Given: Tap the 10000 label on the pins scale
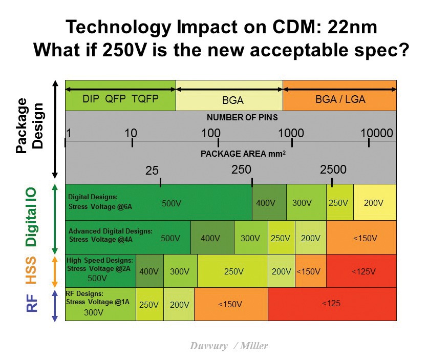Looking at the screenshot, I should pyautogui.click(x=377, y=134).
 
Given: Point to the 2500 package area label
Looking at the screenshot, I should pyautogui.click(x=333, y=170).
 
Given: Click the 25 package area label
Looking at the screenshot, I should pyautogui.click(x=152, y=171).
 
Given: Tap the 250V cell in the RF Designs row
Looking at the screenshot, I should pyautogui.click(x=149, y=304).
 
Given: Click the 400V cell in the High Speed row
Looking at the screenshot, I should pyautogui.click(x=149, y=271).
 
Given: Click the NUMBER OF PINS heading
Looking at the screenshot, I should pyautogui.click(x=242, y=117).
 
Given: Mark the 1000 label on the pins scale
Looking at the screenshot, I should pyautogui.click(x=291, y=134).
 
